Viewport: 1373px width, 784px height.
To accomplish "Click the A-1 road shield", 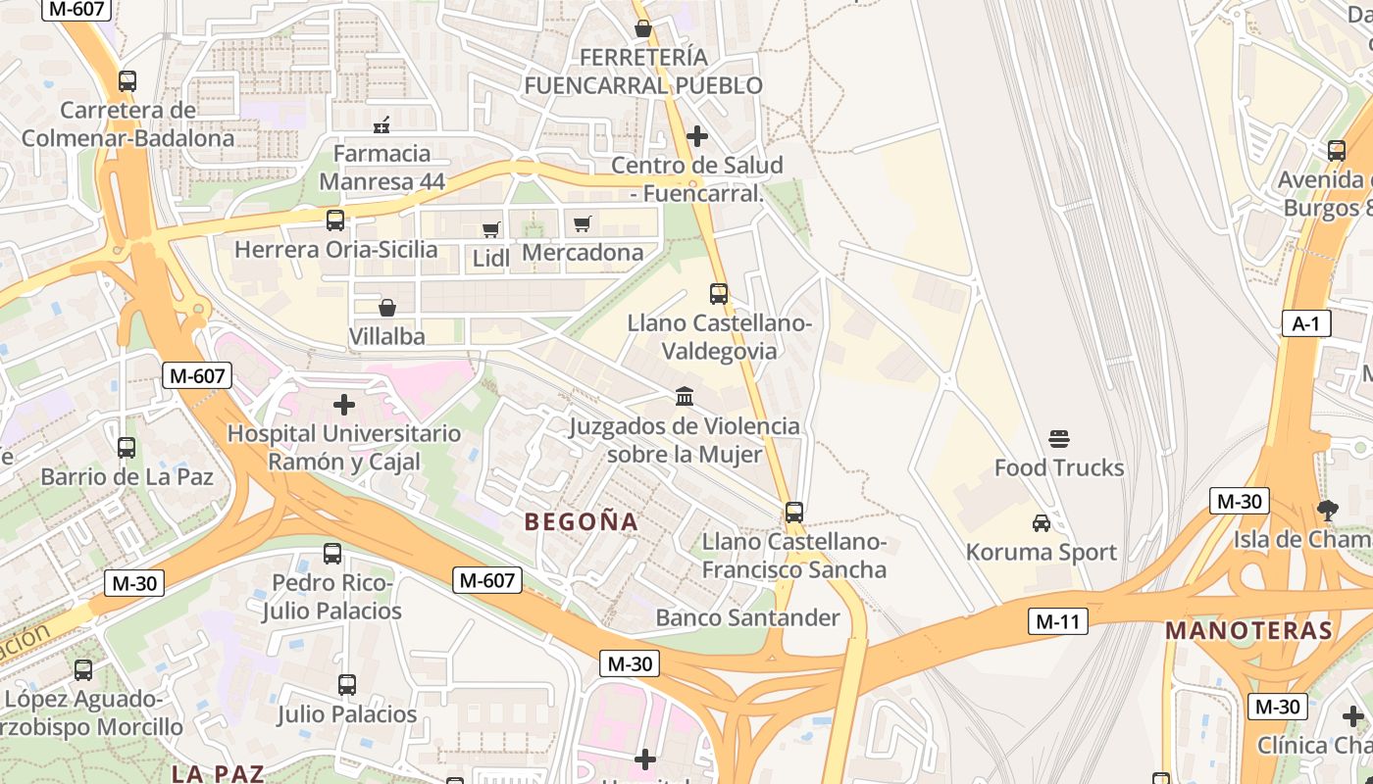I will [x=1306, y=324].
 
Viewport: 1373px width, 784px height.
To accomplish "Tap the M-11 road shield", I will [x=1058, y=621].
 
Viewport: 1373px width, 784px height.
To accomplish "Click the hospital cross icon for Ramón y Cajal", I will [x=344, y=404].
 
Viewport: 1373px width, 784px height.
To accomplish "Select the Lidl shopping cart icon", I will [x=490, y=229].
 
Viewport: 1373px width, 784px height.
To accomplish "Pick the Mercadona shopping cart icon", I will [x=583, y=223].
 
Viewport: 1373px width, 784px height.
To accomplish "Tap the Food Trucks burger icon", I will [x=1059, y=438].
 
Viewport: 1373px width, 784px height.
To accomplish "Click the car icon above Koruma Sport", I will [x=1042, y=523].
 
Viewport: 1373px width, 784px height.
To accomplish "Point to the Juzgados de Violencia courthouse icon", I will [x=685, y=397].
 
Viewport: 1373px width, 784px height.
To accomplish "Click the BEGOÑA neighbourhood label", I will [x=582, y=522].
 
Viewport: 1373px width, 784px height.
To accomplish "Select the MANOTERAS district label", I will [x=1248, y=631].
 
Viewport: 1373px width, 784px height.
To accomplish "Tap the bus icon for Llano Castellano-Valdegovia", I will [x=719, y=293].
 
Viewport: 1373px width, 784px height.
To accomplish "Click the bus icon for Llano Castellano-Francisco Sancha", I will [x=794, y=512].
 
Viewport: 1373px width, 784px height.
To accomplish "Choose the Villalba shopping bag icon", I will [x=387, y=308].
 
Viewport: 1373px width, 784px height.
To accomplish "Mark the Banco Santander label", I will [x=747, y=617].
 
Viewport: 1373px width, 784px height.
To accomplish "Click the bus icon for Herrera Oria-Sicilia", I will [x=335, y=220].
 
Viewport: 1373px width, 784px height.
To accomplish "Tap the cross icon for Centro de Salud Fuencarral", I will [x=697, y=135].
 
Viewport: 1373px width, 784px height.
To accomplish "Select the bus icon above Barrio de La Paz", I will [x=127, y=448].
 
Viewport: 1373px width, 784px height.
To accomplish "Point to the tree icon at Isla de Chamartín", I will [x=1328, y=510].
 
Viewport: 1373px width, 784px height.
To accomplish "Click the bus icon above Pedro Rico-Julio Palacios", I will [x=332, y=554].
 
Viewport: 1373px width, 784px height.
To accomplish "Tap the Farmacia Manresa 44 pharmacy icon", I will [x=382, y=124].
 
